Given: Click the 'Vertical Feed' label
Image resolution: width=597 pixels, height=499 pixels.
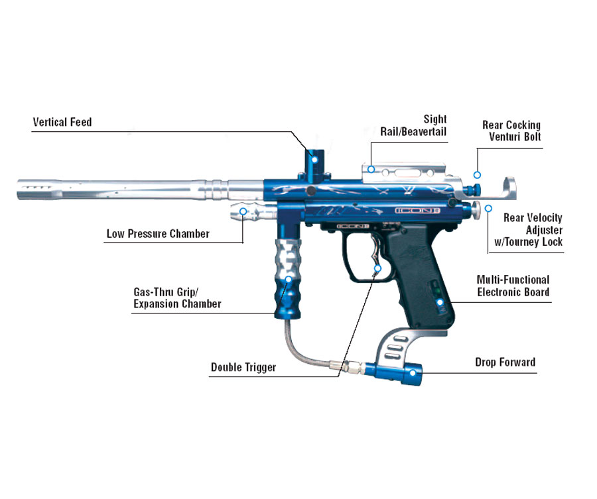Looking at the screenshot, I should [62, 123].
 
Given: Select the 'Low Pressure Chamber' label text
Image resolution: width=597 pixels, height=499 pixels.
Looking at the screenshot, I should [158, 234].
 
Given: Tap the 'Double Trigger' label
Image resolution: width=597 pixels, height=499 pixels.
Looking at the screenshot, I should [243, 367].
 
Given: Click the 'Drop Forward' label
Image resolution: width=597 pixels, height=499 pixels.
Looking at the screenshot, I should [505, 362].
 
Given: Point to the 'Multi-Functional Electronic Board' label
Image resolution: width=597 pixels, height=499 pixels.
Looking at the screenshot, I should [513, 286].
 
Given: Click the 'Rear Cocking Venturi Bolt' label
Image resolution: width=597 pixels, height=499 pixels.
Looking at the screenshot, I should [511, 131].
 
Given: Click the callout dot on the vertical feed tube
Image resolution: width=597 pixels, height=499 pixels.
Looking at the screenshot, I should [316, 156].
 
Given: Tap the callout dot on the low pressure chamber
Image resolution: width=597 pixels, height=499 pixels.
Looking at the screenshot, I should [243, 211].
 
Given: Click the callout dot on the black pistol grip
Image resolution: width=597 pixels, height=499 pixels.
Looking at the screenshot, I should [439, 304].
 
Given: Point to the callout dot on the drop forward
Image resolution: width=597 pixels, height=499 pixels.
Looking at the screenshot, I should [413, 372].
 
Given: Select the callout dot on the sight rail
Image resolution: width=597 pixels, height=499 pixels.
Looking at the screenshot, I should [372, 169].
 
